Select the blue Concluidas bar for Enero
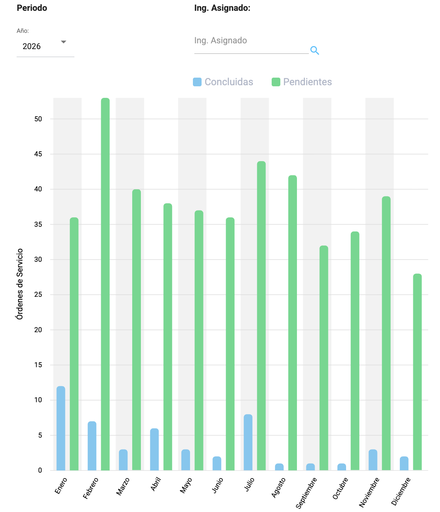[x=61, y=428]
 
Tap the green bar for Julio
[x=261, y=316]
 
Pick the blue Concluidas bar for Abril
[x=154, y=449]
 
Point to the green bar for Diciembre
[x=417, y=372]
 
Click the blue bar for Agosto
[x=279, y=467]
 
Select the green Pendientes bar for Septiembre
[x=324, y=358]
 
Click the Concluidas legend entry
[x=223, y=82]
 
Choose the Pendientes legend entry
[x=302, y=82]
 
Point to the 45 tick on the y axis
[x=38, y=154]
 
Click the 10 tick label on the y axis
[x=38, y=400]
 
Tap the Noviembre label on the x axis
[x=369, y=492]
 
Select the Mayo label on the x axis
[x=186, y=486]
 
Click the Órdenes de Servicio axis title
[x=20, y=284]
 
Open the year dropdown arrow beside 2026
[x=64, y=42]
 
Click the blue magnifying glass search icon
[x=315, y=51]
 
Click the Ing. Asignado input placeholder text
[x=220, y=40]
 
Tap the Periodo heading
[x=32, y=8]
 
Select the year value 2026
[x=32, y=46]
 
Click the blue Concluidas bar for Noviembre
[x=373, y=460]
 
